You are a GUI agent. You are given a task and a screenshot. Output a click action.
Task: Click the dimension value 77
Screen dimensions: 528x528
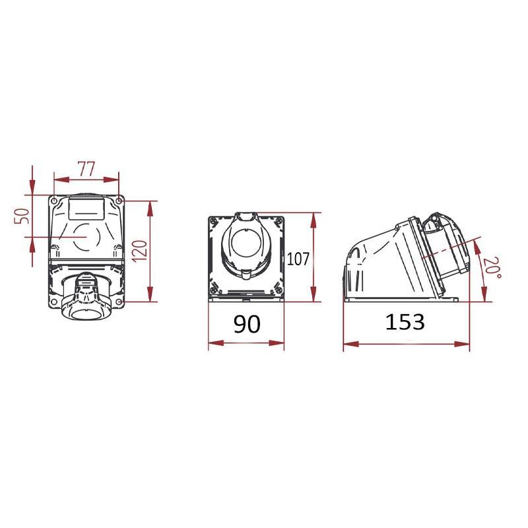tap(86, 169)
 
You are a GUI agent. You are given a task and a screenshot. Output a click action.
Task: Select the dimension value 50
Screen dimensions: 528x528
tap(22, 216)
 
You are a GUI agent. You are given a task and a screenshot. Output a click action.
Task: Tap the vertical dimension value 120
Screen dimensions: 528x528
tap(140, 251)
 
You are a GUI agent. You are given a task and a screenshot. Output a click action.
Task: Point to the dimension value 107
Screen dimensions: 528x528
tap(298, 259)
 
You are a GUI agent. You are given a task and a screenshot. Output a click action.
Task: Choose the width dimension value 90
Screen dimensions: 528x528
tap(247, 324)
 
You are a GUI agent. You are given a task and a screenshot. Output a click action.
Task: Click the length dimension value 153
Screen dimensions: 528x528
tap(405, 321)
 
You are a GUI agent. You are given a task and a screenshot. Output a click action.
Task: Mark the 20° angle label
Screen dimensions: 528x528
tap(492, 268)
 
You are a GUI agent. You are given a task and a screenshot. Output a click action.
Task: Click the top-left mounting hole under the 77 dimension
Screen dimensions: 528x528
tap(54, 201)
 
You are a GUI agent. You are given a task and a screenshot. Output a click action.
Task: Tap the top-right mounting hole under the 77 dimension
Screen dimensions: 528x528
tap(119, 201)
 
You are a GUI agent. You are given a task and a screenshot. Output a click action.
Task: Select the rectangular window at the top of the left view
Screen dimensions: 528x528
tap(86, 209)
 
